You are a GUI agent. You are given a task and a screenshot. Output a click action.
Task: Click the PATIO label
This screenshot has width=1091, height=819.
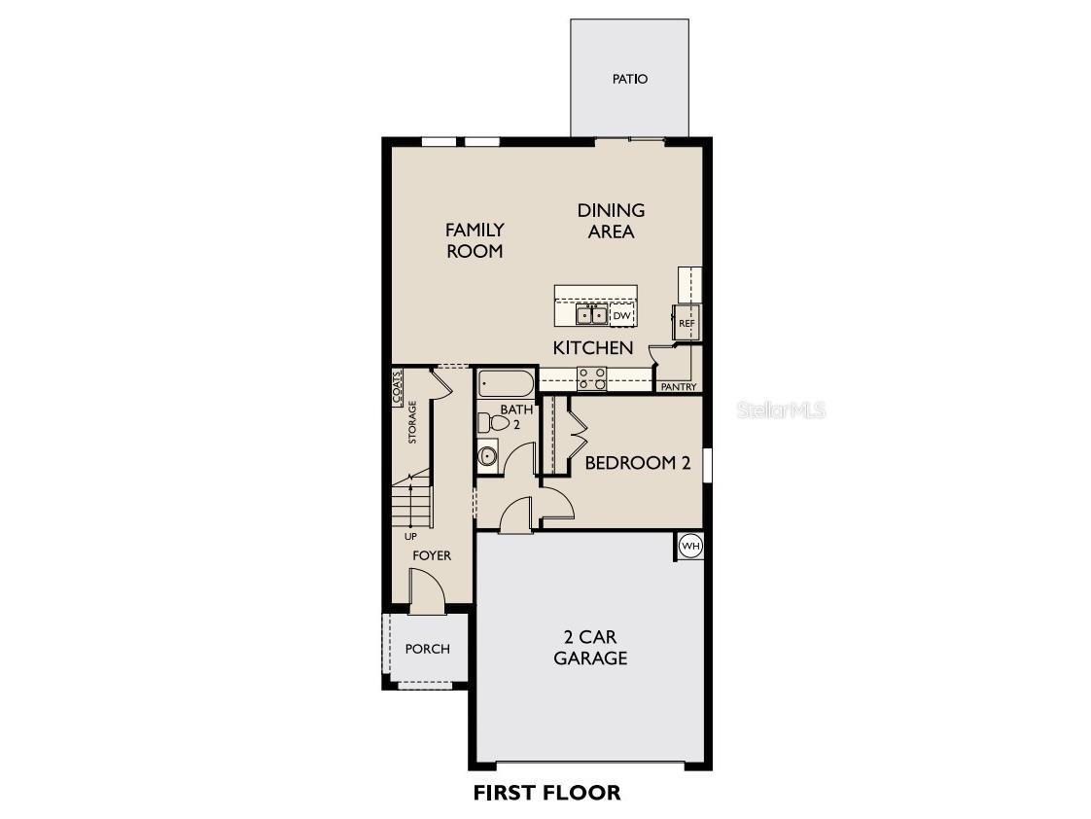(630, 79)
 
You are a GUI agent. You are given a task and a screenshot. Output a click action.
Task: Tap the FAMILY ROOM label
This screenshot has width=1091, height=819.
(475, 240)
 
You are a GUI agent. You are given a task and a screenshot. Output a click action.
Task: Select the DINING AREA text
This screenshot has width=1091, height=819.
(611, 221)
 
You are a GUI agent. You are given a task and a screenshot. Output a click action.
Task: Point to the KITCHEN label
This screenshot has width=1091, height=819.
(593, 348)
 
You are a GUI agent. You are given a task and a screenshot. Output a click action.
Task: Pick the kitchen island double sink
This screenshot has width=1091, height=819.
(591, 314)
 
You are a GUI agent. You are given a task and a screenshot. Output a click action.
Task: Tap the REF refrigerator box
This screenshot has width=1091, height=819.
(686, 323)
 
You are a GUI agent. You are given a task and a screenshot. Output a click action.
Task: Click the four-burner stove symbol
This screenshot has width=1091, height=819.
(592, 378)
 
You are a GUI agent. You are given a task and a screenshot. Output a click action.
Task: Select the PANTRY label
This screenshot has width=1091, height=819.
(679, 387)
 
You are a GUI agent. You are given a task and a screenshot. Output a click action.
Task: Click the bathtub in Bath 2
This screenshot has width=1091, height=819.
(506, 382)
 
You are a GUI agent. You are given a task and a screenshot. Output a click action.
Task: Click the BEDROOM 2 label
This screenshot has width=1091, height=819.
(637, 463)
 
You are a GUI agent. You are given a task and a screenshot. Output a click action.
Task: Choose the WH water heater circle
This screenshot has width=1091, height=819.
(690, 547)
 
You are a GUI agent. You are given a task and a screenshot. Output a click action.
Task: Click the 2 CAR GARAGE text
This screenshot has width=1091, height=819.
(590, 648)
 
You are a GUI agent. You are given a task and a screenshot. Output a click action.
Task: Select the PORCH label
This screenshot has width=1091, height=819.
(427, 649)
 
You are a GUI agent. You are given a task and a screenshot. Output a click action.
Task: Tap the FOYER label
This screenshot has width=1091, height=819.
(432, 555)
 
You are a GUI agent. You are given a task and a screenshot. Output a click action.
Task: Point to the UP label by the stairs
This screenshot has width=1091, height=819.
(410, 536)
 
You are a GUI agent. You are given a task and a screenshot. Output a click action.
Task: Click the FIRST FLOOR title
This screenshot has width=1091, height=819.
(546, 793)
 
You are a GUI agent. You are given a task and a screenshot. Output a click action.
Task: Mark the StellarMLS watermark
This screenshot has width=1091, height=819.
(782, 409)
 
